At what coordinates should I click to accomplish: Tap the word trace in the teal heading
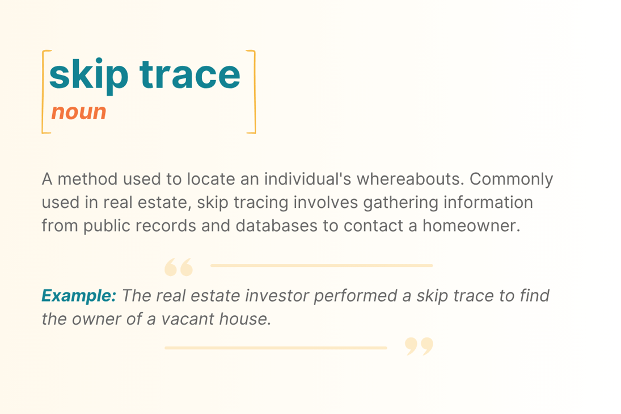[x=190, y=74]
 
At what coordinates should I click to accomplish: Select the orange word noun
[x=79, y=112]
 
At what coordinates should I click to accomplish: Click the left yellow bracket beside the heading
[x=44, y=92]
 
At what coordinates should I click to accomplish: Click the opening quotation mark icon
[x=178, y=267]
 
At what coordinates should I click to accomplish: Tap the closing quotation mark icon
[x=419, y=346]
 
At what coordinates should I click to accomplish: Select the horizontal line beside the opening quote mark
[x=321, y=265]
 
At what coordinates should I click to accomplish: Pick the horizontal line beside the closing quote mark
[x=276, y=348]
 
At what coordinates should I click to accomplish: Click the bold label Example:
[x=79, y=296]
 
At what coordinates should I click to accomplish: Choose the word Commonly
[x=512, y=179]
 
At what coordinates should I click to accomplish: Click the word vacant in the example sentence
[x=192, y=319]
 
